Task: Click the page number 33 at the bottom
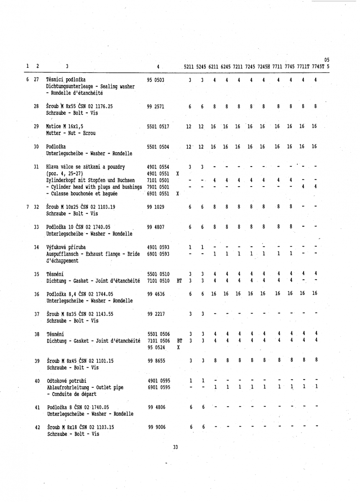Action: click(176, 447)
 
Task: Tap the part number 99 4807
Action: click(156, 228)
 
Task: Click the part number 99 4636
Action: click(156, 294)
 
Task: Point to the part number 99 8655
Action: click(156, 361)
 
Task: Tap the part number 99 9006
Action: click(156, 427)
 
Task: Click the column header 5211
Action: click(190, 66)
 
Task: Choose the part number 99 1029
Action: click(156, 207)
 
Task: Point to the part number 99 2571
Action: click(156, 107)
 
